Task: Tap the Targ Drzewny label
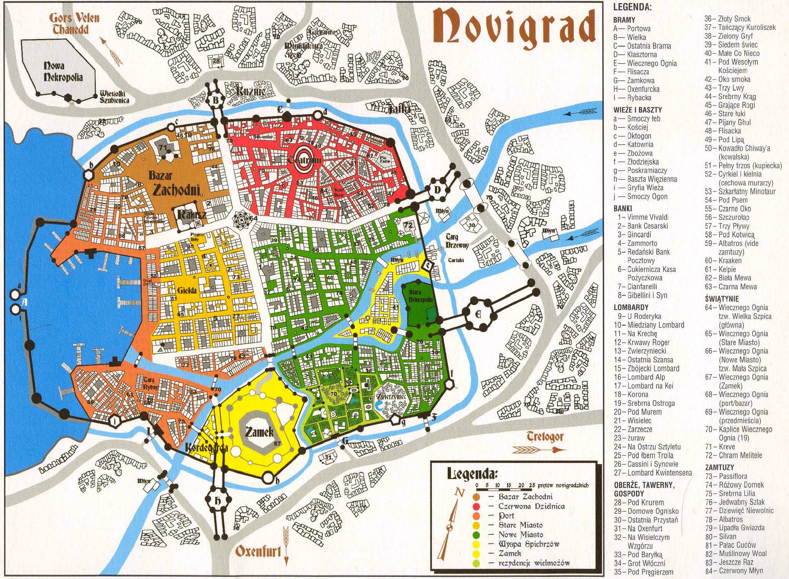(x=457, y=241)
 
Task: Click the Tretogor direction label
(x=545, y=436)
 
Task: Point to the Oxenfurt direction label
(x=258, y=551)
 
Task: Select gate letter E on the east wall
(x=478, y=314)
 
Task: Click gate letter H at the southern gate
(x=218, y=502)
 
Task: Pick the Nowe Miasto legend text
(x=520, y=534)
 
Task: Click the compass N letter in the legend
(x=460, y=493)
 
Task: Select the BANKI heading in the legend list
(x=623, y=208)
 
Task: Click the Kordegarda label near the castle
(x=206, y=447)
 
